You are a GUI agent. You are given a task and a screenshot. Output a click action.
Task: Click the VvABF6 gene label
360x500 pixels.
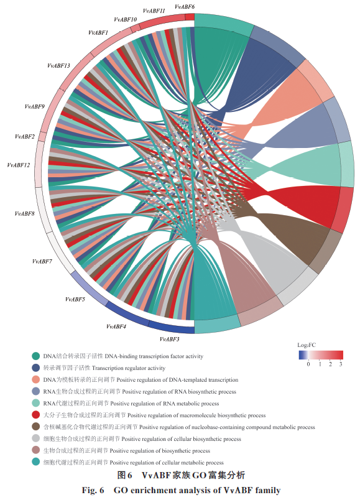[x=185, y=6]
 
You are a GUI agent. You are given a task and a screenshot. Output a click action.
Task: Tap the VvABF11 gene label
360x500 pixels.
[x=154, y=11]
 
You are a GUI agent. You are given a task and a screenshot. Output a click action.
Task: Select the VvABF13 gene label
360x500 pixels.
[x=58, y=66]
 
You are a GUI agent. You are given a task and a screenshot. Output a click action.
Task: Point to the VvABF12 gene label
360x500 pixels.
[x=19, y=165]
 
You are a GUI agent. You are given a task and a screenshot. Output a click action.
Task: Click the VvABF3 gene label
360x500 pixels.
[x=170, y=339]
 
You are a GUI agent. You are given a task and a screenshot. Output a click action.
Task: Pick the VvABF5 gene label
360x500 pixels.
[x=75, y=299]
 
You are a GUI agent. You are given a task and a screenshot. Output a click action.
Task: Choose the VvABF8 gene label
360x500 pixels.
[x=24, y=213]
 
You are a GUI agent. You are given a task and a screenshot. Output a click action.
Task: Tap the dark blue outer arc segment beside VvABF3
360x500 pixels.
[x=171, y=329]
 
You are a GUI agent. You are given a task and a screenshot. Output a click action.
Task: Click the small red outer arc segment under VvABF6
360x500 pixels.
[x=190, y=17]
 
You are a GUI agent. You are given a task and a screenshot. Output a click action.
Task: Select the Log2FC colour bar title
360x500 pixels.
[x=307, y=345]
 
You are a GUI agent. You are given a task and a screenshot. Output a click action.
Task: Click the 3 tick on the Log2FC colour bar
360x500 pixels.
[x=341, y=364]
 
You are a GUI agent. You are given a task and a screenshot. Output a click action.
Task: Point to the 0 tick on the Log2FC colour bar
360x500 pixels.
[x=308, y=364]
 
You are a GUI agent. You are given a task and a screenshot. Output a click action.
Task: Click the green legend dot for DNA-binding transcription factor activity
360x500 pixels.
[x=36, y=356]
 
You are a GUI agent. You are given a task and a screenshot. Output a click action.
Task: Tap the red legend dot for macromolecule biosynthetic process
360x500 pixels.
[x=36, y=415]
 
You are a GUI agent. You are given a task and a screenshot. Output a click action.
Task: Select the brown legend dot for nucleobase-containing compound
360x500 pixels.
[x=36, y=427]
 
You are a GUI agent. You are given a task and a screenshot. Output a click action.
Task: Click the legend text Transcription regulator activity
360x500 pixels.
[x=129, y=368]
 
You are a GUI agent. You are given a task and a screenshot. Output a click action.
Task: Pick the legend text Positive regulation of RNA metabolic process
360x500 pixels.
[x=165, y=404]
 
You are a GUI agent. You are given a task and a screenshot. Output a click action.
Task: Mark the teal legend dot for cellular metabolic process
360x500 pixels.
[x=36, y=461]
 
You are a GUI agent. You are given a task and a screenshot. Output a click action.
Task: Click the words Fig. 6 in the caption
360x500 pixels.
[x=93, y=490]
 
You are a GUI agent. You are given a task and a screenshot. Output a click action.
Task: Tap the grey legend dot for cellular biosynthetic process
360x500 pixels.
[x=36, y=438]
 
